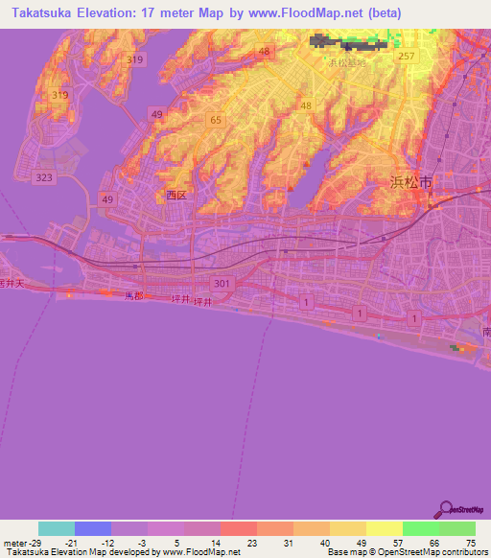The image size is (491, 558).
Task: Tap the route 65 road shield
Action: point(216,120)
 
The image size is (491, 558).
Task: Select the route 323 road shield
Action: point(43,178)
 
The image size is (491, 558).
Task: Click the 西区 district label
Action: point(175,195)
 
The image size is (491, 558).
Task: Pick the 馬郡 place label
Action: point(133,297)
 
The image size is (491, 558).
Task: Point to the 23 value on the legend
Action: point(253,542)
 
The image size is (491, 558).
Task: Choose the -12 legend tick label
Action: point(108,542)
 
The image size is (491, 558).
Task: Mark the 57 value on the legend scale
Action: point(397,542)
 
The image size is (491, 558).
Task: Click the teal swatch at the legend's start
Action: point(56,528)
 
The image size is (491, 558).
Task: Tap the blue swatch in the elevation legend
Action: point(92,528)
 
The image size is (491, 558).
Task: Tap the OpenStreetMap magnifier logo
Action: point(445,510)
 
